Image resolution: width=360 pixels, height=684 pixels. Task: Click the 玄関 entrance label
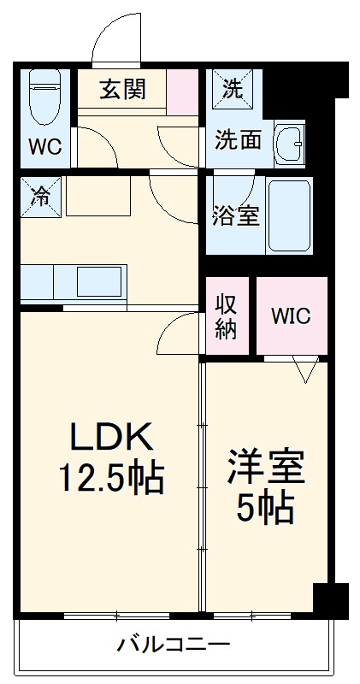[x=121, y=88]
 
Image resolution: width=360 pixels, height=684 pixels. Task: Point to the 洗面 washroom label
[x=238, y=139]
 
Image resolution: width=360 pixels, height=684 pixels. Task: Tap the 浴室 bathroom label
[x=235, y=215]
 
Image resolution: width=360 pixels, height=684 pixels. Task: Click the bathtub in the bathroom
[x=289, y=215]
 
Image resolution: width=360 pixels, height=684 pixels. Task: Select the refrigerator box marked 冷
[x=41, y=194]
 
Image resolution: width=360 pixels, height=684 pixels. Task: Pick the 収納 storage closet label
[x=226, y=315]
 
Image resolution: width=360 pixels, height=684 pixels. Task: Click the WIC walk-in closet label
[x=292, y=315]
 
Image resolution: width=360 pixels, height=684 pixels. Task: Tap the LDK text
[x=110, y=439]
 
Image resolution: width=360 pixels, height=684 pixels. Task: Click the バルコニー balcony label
[x=174, y=644]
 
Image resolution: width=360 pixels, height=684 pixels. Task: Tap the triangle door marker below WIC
[x=304, y=369]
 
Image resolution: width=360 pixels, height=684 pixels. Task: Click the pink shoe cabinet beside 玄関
[x=181, y=91]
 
